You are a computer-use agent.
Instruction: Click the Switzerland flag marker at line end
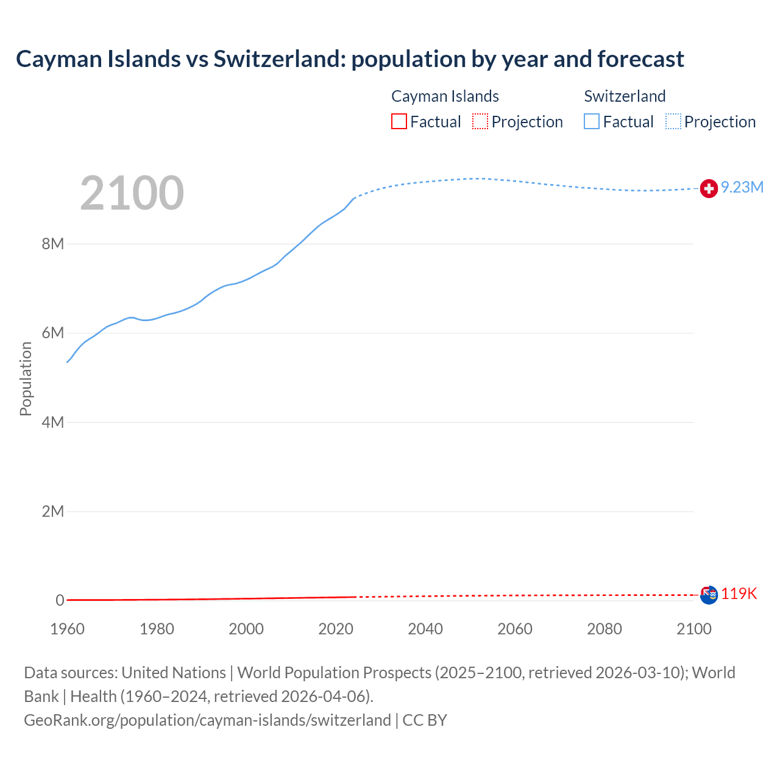[x=708, y=189]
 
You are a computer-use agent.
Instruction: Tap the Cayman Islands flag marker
[x=709, y=595]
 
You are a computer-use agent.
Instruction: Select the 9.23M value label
[x=742, y=188]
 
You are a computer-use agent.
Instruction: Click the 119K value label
[x=739, y=594]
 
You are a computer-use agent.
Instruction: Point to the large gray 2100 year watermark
[x=132, y=193]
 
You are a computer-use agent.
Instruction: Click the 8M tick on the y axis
[x=52, y=244]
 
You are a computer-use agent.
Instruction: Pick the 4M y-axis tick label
[x=52, y=422]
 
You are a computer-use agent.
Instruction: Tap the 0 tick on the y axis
[x=60, y=600]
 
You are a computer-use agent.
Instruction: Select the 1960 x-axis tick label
[x=67, y=629]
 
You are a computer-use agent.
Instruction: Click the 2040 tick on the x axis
[x=425, y=629]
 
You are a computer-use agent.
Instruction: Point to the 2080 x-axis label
[x=604, y=629]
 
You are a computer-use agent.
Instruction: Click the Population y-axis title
[x=26, y=378]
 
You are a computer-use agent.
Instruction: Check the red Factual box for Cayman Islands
[x=399, y=122]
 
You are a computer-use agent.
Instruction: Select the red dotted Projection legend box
[x=480, y=122]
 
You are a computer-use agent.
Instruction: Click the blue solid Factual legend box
[x=592, y=122]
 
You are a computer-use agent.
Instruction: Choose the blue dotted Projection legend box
[x=673, y=122]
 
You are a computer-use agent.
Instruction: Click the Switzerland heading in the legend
[x=625, y=96]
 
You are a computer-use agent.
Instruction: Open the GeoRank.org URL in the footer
[x=207, y=720]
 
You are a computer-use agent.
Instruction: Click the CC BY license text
[x=425, y=720]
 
